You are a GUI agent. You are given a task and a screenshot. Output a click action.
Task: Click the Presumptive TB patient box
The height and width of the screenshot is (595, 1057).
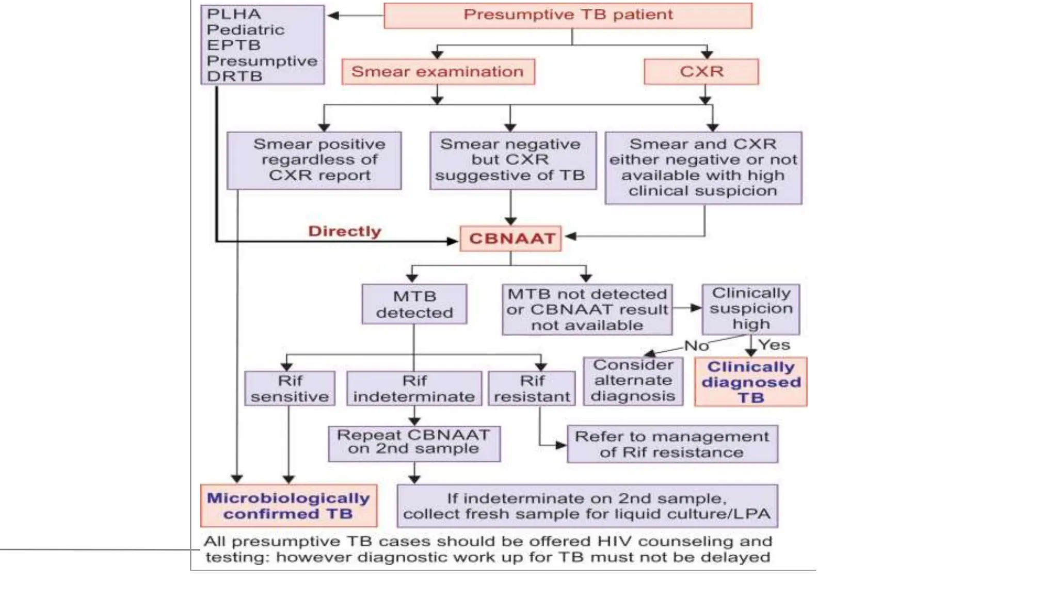[x=568, y=15]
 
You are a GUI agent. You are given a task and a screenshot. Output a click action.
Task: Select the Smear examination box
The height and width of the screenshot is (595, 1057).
[x=438, y=71]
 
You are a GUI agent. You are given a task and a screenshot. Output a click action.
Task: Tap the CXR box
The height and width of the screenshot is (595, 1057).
[x=701, y=71]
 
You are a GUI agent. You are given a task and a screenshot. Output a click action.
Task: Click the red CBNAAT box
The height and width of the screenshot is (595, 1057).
[x=511, y=239]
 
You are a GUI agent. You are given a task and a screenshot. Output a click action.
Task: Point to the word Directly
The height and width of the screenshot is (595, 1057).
[x=344, y=231]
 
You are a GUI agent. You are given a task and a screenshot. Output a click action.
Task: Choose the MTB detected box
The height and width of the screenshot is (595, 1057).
[x=414, y=304]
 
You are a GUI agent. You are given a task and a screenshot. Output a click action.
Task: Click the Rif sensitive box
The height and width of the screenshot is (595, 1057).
[x=290, y=388]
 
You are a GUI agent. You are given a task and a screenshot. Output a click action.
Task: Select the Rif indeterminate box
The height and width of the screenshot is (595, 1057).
[x=414, y=388]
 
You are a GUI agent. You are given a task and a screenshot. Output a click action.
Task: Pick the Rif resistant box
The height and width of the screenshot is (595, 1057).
[x=532, y=388]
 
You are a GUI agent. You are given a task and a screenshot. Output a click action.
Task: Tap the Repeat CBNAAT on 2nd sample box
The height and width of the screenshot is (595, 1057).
[x=414, y=443]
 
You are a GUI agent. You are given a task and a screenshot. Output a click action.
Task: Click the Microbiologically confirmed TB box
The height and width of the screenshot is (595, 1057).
[x=289, y=506]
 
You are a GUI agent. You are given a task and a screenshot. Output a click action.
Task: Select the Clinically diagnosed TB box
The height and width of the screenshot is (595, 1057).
[x=750, y=382]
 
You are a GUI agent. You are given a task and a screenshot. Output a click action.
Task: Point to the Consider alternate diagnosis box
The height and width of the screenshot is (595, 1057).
[x=633, y=381]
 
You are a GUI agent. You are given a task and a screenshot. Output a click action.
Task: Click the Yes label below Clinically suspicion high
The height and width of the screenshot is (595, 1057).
[x=774, y=345]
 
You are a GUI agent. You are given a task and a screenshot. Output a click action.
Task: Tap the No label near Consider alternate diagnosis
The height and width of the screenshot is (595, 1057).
[x=696, y=346]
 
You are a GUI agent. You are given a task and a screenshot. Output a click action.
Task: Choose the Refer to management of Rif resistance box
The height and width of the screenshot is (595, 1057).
[x=672, y=444]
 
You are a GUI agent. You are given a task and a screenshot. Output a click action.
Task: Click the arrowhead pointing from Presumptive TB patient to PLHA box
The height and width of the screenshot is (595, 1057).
[x=333, y=15]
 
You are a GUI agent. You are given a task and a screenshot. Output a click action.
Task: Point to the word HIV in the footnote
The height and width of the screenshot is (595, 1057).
[x=614, y=541]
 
